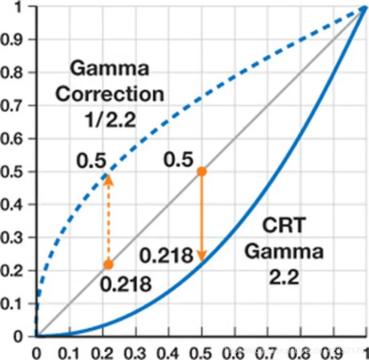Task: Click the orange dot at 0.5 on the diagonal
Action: (x=202, y=171)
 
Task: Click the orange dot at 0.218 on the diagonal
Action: (x=108, y=265)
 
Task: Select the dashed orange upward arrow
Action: (x=108, y=218)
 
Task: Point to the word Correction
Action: (x=110, y=95)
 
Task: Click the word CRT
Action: (x=283, y=226)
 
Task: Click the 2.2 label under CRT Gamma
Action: (x=283, y=279)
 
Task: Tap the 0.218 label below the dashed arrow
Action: (x=126, y=284)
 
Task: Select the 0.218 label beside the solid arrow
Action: (x=167, y=254)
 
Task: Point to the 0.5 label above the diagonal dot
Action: (x=178, y=161)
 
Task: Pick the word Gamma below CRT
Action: (x=283, y=252)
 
